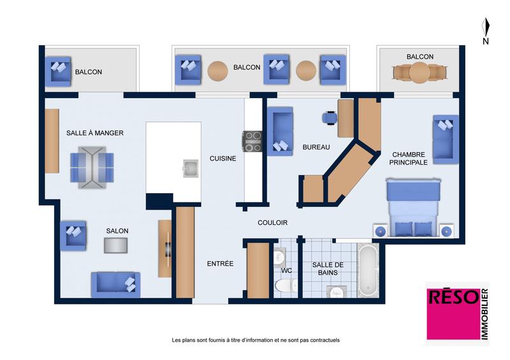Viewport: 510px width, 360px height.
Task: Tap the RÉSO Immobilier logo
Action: pyautogui.click(x=456, y=313)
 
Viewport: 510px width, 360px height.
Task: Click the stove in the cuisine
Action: pyautogui.click(x=252, y=141)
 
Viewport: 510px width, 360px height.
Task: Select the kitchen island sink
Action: pyautogui.click(x=190, y=168)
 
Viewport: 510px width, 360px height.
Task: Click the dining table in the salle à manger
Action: pyautogui.click(x=89, y=167)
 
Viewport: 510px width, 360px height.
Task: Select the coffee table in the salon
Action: pyautogui.click(x=116, y=245)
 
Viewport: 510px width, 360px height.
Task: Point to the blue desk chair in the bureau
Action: pyautogui.click(x=330, y=117)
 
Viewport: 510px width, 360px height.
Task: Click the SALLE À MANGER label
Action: pyautogui.click(x=95, y=133)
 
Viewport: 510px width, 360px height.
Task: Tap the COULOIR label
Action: pyautogui.click(x=272, y=223)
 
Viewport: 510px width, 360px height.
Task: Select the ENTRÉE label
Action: pyautogui.click(x=220, y=264)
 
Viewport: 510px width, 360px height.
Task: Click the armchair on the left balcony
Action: pyautogui.click(x=58, y=71)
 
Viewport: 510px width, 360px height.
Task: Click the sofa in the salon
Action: pyautogui.click(x=115, y=284)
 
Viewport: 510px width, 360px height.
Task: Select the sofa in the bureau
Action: pyautogui.click(x=279, y=131)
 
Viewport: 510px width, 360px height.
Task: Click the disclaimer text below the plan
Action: pyautogui.click(x=256, y=340)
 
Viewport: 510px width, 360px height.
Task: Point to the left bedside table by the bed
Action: pyautogui.click(x=380, y=231)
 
